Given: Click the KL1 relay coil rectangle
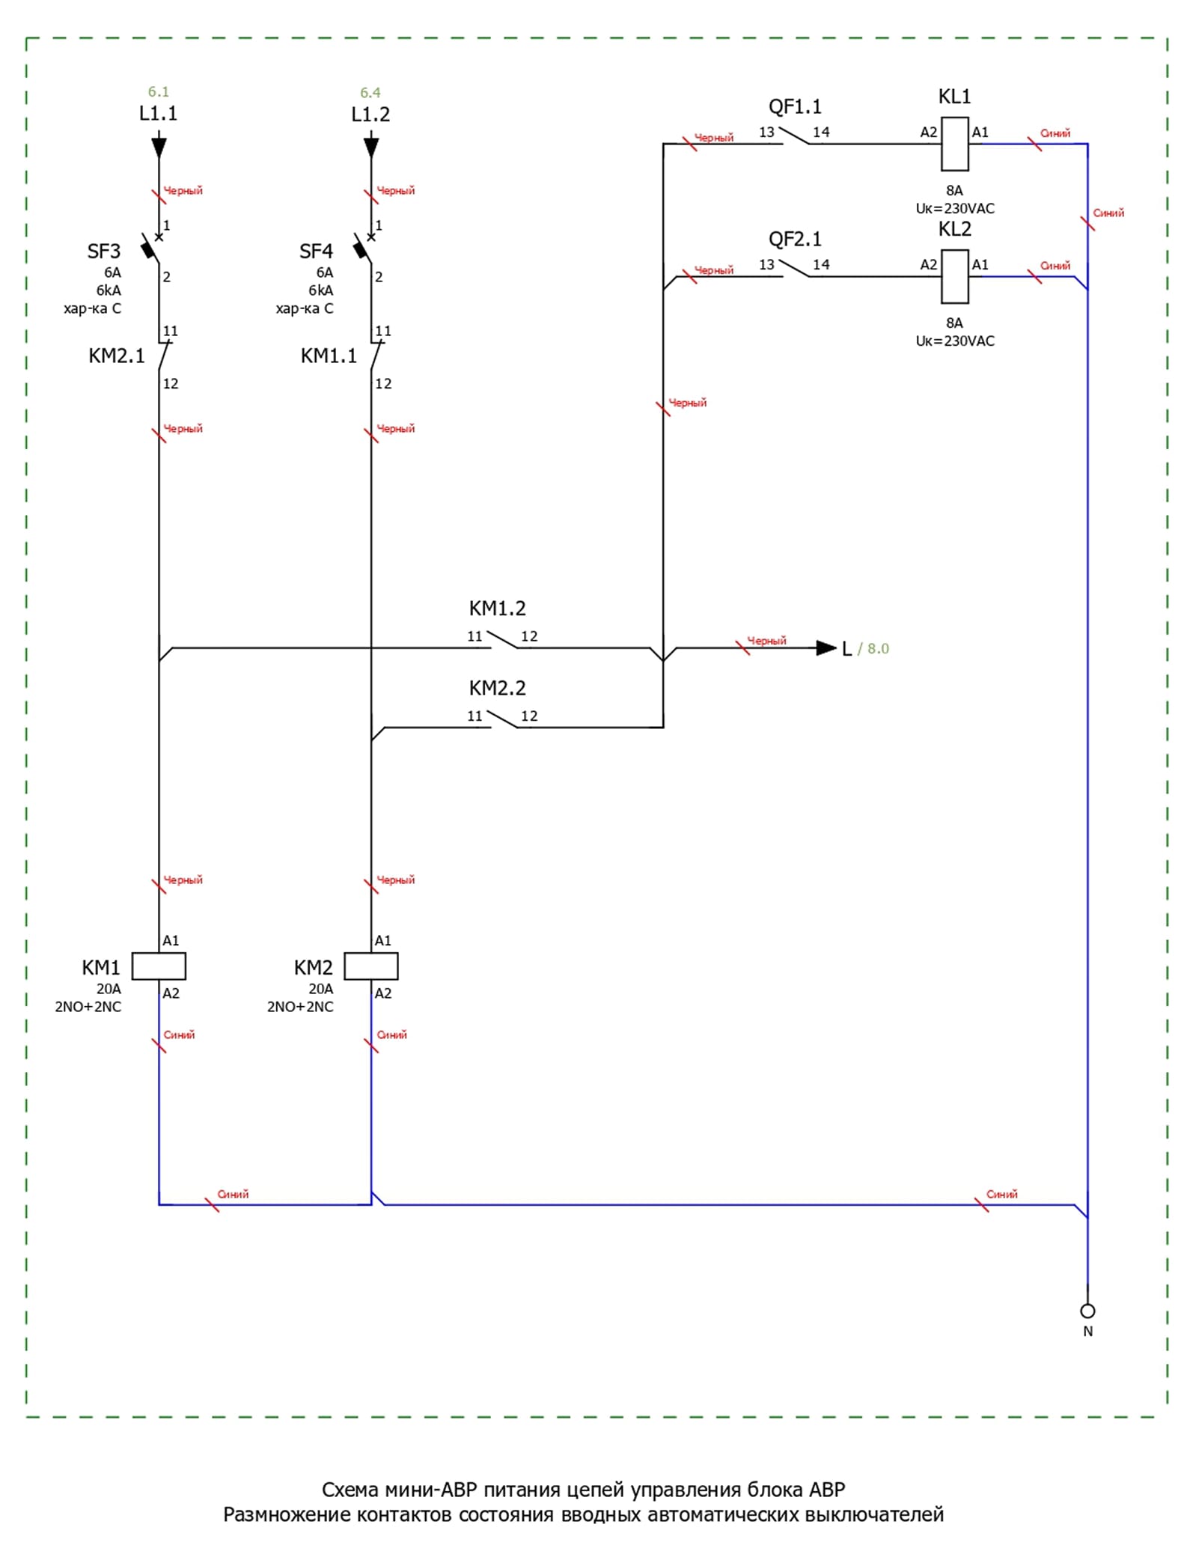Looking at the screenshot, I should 954,144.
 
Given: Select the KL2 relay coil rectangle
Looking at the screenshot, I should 954,276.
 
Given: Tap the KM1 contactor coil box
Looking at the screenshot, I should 159,966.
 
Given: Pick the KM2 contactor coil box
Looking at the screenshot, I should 371,966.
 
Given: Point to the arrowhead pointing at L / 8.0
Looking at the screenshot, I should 826,648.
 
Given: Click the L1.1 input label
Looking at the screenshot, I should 158,114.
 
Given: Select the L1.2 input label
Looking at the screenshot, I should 370,115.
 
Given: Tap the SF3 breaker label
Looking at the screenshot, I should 104,252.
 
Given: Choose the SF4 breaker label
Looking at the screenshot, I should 316,252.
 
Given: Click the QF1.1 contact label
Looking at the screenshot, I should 795,107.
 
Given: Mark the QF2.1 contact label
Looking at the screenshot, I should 795,240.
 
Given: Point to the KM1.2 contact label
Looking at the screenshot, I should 497,609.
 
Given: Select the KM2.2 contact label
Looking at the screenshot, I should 497,688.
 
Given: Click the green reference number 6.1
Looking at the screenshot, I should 158,92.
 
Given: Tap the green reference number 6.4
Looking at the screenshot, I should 370,93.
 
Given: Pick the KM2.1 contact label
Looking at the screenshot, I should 117,356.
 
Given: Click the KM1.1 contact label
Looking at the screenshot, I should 329,356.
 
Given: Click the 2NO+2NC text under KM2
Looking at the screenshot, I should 300,1007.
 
